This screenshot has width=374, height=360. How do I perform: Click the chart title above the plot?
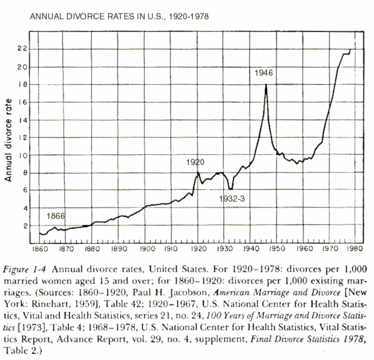117,17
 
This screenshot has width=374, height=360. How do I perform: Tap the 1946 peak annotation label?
264,73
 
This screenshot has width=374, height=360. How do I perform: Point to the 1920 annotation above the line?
196,162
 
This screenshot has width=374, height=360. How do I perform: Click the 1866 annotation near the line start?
56,216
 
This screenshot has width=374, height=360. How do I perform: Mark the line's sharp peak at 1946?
266,85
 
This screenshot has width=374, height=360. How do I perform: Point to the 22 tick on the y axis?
22,49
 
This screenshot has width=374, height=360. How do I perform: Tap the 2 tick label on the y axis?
24,226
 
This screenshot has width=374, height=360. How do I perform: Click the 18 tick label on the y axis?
22,84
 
